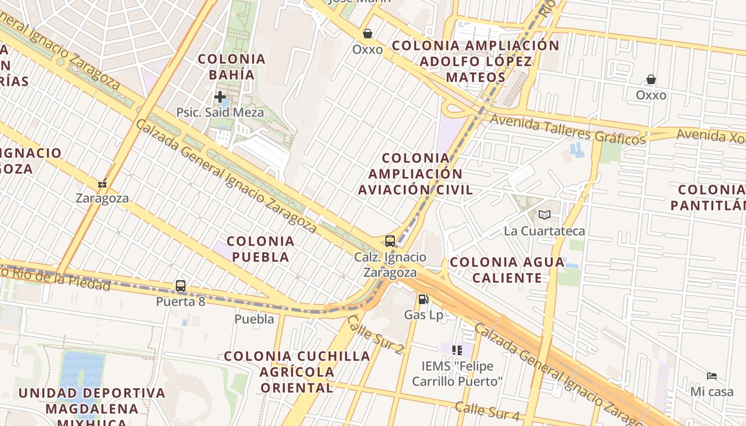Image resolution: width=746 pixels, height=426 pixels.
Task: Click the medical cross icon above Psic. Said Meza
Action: (220, 97)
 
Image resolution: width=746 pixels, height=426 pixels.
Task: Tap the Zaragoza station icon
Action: (102, 184)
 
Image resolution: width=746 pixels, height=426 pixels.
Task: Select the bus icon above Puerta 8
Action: (181, 286)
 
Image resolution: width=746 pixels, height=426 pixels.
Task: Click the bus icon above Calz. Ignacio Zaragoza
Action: (390, 241)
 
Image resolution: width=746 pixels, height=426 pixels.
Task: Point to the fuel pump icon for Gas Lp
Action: (424, 299)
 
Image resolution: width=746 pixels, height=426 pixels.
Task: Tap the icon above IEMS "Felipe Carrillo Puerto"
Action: (457, 350)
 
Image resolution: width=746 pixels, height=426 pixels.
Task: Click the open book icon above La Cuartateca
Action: (544, 215)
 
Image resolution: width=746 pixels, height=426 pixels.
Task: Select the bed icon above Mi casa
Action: (712, 376)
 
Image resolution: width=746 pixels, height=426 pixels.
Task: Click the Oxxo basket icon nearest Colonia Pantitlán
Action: (651, 80)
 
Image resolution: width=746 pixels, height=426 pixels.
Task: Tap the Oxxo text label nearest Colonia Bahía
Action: (368, 50)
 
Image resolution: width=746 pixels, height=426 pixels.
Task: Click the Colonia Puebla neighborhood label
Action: (261, 249)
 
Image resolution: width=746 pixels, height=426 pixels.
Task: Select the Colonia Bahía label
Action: (231, 67)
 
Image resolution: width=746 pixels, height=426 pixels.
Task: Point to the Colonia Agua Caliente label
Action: (507, 269)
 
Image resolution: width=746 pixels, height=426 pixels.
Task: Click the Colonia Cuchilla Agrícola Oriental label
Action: (297, 371)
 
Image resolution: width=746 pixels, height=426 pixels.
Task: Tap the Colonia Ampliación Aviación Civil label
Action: (415, 174)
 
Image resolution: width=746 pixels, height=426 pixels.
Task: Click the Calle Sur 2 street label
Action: (375, 334)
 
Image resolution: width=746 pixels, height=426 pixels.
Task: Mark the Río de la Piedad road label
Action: (59, 279)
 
